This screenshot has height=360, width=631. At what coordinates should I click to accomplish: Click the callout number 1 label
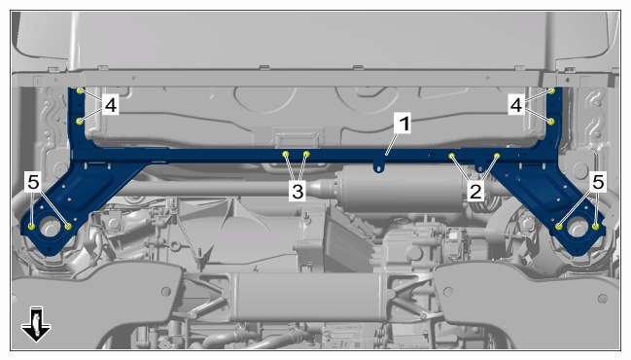(x=403, y=124)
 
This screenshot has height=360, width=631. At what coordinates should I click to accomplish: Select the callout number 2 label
(x=475, y=191)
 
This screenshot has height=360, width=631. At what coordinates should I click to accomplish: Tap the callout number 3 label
(x=298, y=191)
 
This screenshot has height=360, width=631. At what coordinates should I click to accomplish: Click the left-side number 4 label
(x=110, y=105)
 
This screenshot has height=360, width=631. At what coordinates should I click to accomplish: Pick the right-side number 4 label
(x=516, y=105)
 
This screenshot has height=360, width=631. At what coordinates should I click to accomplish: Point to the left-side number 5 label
(x=33, y=182)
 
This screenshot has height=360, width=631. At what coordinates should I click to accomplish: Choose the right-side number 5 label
(x=598, y=182)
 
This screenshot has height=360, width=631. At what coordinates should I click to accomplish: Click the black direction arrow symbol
(x=36, y=324)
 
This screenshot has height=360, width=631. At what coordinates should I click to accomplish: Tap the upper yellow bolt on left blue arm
(x=80, y=90)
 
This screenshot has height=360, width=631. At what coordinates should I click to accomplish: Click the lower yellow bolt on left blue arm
(x=80, y=121)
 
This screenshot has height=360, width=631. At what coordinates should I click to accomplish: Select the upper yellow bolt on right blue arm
(x=551, y=91)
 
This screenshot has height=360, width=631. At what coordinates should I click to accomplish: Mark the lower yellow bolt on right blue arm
(x=551, y=121)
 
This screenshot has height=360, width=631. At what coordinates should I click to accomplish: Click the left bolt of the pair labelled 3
(x=286, y=154)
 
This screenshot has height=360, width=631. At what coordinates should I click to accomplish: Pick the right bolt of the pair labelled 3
(x=306, y=154)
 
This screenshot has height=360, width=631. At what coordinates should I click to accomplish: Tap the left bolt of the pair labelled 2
(x=452, y=156)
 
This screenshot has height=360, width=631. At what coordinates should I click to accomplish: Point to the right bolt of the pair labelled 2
(x=497, y=156)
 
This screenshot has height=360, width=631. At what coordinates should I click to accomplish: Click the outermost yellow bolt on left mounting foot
(x=31, y=227)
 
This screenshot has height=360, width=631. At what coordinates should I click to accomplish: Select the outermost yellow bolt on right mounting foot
(x=596, y=227)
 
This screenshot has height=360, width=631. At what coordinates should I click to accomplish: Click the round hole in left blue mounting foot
(x=50, y=227)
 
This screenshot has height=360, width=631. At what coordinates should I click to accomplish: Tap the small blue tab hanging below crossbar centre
(x=377, y=166)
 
